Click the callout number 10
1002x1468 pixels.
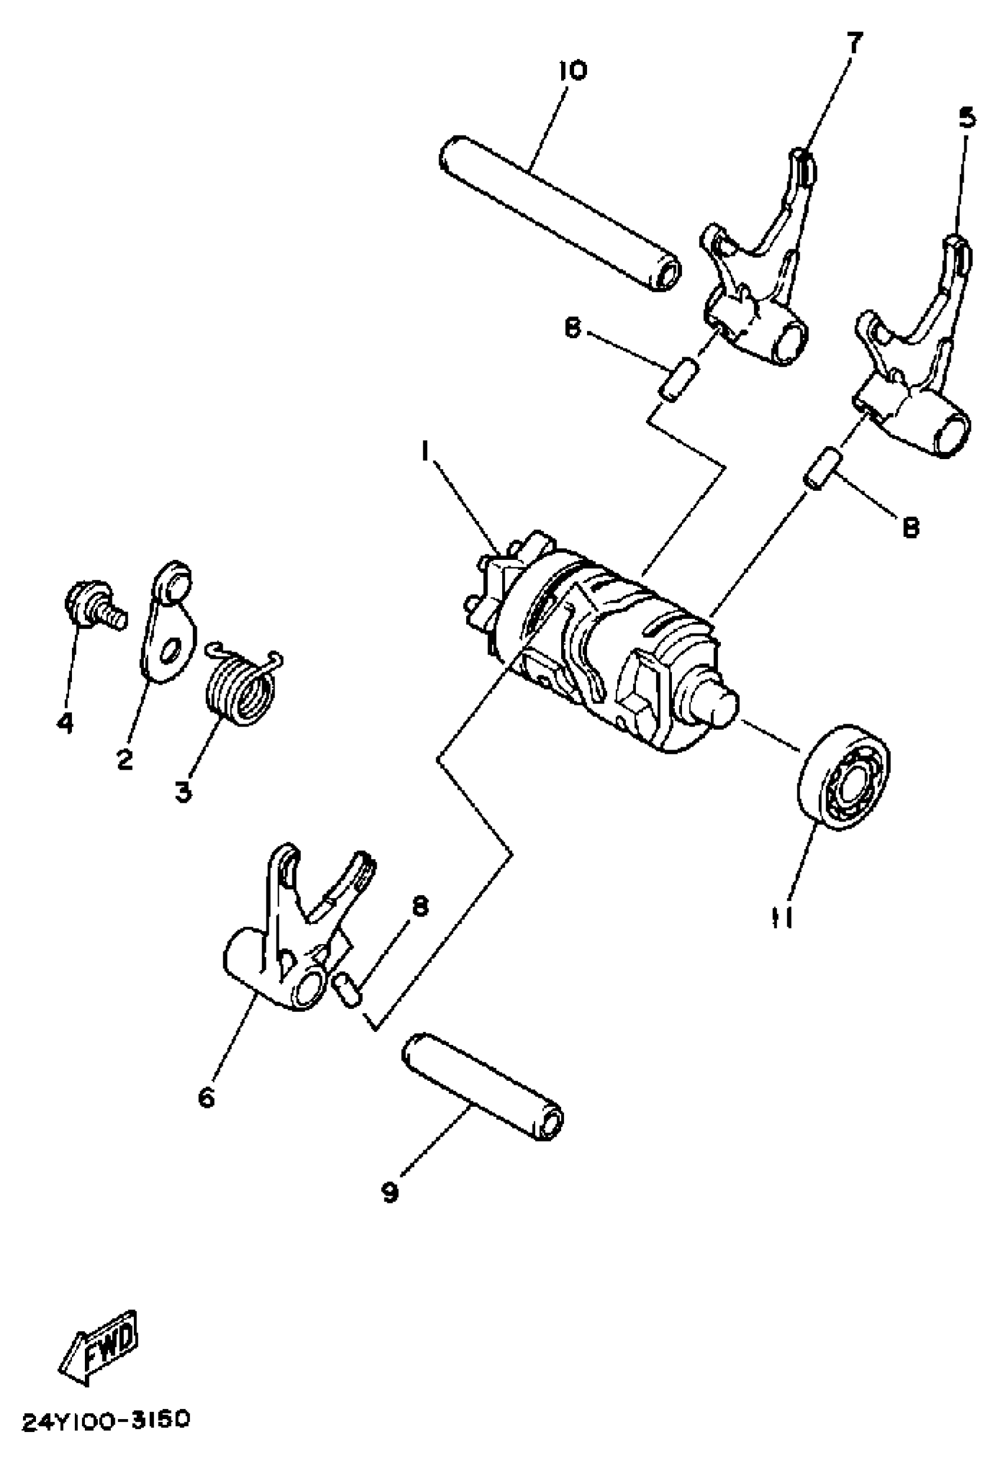(572, 70)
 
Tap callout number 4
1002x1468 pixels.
(64, 723)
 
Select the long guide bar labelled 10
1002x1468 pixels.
(560, 215)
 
